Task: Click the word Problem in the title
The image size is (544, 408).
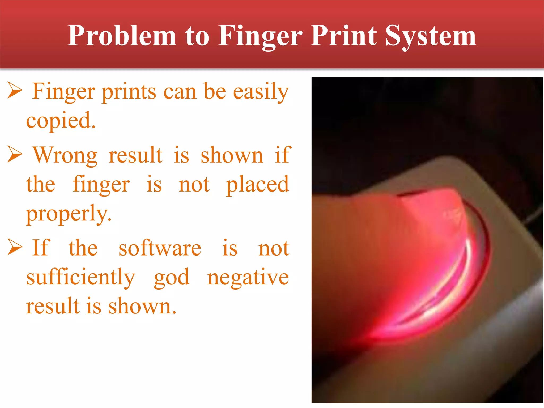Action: click(x=122, y=36)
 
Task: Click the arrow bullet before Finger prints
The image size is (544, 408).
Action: click(x=15, y=90)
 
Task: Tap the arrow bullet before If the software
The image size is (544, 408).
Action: click(x=15, y=247)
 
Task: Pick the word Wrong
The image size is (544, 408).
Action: click(x=65, y=155)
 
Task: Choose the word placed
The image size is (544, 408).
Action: click(x=257, y=185)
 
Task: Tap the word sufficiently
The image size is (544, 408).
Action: click(x=81, y=278)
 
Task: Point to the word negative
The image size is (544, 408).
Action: click(x=248, y=278)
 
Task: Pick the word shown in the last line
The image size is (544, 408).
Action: click(x=142, y=306)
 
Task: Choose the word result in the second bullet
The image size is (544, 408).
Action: click(x=135, y=155)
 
